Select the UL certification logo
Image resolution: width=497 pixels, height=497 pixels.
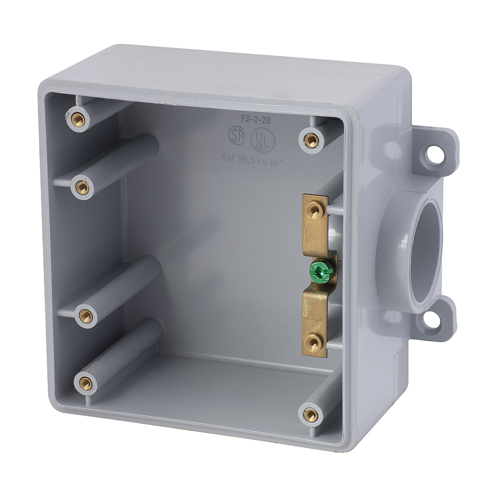pos(262,140)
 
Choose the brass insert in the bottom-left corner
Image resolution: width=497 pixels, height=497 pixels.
pos(85,383)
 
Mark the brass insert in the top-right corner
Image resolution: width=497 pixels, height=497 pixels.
pos(311,140)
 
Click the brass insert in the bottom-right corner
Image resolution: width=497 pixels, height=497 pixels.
pos(311,414)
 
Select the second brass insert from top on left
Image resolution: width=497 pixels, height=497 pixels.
pos(83,187)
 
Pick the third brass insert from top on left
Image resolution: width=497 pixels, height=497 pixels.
pos(85,316)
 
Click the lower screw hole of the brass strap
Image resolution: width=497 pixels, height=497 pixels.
pos(313,342)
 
